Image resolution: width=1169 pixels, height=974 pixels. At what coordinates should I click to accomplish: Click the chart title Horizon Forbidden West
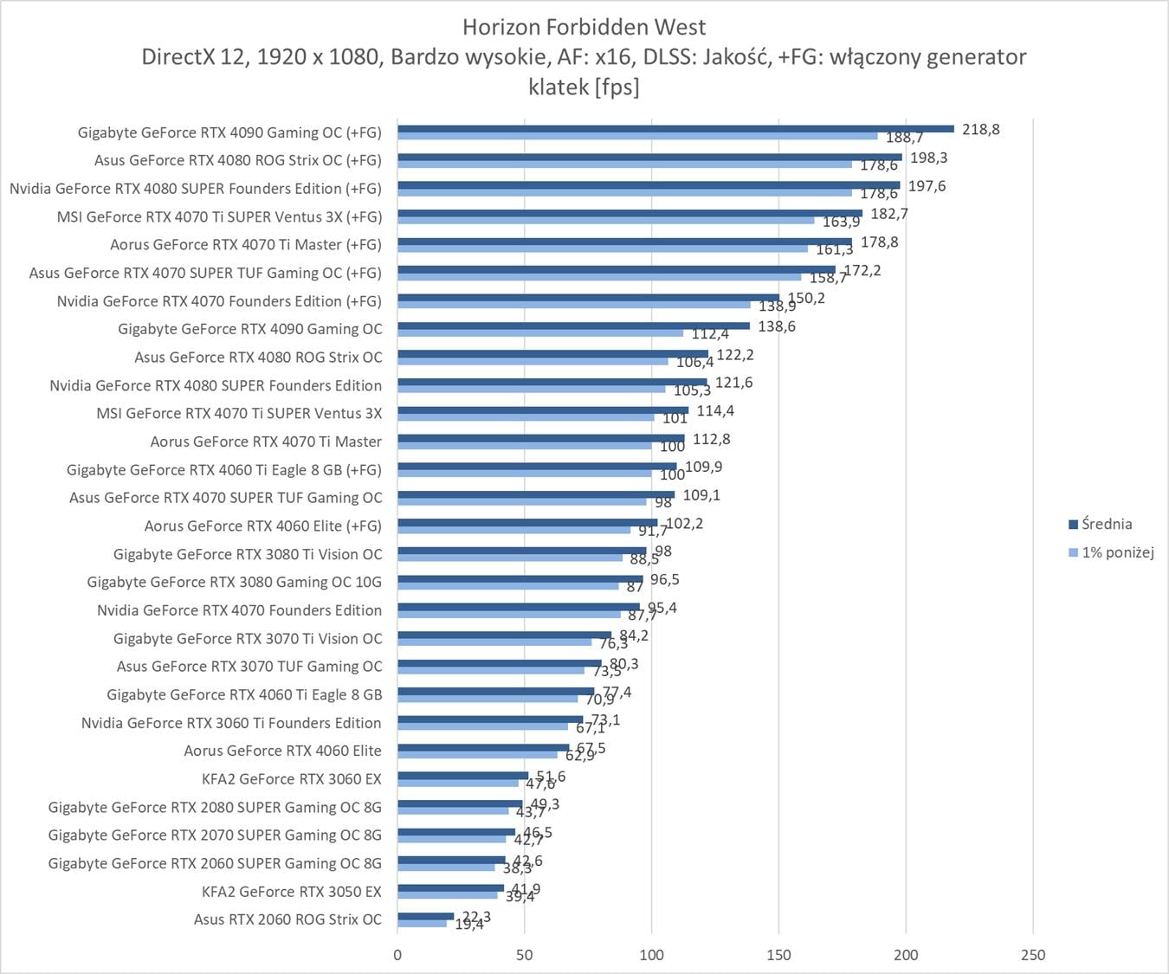584,27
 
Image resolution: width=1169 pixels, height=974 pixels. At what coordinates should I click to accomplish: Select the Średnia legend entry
1106,524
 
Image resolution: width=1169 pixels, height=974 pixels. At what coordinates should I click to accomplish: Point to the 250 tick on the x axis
1033,955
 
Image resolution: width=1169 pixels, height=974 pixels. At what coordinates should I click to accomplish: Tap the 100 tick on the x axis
651,955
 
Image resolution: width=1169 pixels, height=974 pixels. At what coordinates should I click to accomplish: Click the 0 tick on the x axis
397,955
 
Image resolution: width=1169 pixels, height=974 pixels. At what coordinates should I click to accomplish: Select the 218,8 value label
980,129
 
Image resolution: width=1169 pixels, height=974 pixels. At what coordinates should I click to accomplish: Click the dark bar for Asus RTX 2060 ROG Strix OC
425,916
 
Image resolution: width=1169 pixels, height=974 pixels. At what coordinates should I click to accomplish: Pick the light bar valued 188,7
637,136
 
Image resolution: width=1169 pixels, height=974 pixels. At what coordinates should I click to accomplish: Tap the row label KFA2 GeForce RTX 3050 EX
291,891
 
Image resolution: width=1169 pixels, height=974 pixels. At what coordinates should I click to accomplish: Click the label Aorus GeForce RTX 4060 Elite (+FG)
262,526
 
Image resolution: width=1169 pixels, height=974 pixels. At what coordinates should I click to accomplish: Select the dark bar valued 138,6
573,326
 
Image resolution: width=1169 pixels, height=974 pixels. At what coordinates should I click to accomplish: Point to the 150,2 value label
805,298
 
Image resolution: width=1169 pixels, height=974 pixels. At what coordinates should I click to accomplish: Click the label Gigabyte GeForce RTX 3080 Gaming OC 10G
234,582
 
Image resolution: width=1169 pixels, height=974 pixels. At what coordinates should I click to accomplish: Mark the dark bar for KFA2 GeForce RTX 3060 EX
462,776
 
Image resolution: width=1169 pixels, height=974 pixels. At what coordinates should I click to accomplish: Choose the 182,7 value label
888,214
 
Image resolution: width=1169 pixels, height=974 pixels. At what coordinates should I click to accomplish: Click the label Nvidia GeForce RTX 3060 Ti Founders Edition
231,723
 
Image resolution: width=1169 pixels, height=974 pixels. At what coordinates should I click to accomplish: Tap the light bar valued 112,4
540,333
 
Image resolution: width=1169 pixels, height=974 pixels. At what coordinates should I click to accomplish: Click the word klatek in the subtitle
559,87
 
